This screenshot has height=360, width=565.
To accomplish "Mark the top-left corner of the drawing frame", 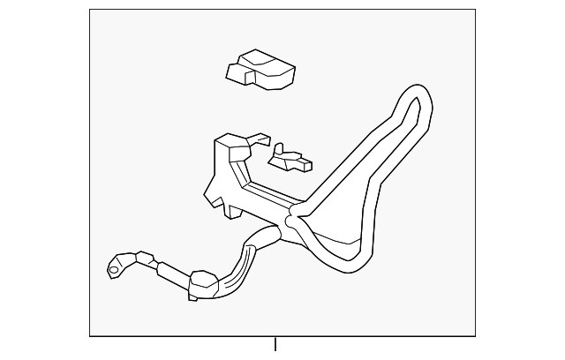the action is [x=90, y=11].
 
